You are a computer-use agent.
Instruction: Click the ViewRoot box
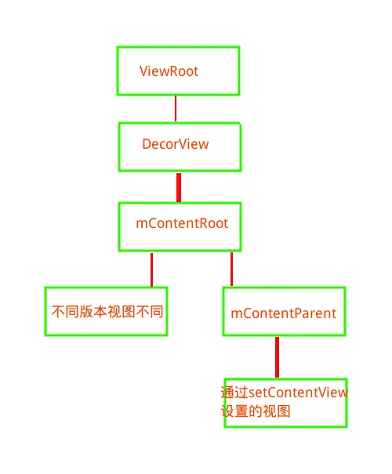[178, 71]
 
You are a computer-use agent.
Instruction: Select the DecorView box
[180, 147]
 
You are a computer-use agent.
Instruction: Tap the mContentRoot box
[178, 226]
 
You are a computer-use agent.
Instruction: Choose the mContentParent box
[284, 312]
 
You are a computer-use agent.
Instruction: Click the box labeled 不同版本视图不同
[106, 311]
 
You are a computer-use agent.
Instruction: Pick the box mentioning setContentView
[285, 403]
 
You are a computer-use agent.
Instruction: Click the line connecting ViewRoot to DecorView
[176, 109]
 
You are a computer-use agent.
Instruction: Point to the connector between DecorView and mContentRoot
[179, 187]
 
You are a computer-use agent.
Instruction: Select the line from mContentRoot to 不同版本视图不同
[151, 269]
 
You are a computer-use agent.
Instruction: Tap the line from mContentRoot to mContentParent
[231, 269]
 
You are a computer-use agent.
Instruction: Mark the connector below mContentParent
[277, 357]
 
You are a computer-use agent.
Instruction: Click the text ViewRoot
[169, 71]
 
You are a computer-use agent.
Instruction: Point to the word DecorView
[175, 144]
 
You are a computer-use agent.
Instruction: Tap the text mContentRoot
[182, 223]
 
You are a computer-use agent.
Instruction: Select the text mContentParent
[283, 313]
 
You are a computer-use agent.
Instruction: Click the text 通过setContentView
[284, 393]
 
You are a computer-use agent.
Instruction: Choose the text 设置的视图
[256, 411]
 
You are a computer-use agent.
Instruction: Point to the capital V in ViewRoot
[143, 71]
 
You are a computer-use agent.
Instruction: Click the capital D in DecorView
[147, 144]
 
